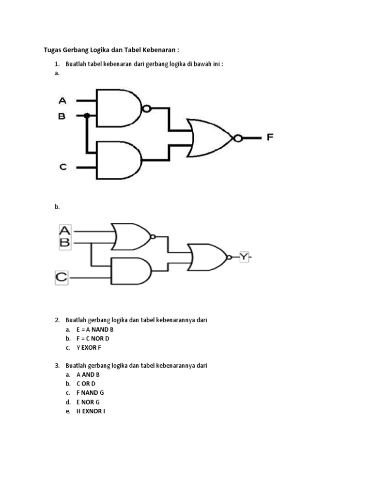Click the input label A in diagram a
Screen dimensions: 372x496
[62, 101]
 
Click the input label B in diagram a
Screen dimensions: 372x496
[62, 116]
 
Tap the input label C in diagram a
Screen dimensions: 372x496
[63, 167]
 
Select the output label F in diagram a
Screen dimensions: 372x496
[270, 138]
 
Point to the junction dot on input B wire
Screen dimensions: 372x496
[87, 116]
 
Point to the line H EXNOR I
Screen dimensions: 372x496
[91, 411]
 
